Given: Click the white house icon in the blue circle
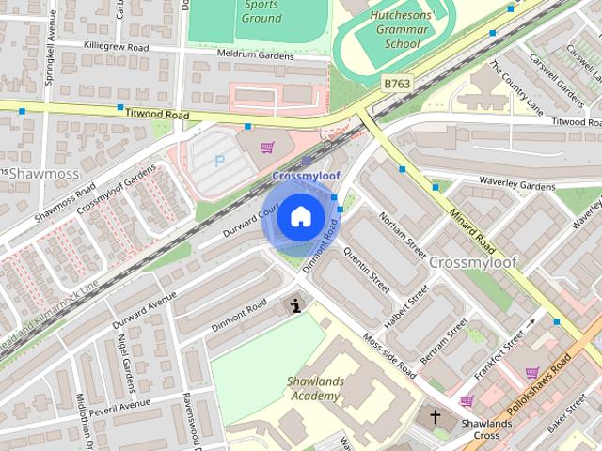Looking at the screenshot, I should [299, 217].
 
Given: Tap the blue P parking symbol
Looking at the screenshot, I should [220, 161].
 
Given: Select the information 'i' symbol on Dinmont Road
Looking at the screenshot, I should [297, 304].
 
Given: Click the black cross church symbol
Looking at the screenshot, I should [436, 416].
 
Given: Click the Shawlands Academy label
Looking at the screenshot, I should [315, 388].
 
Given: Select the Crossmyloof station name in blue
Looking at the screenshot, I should [305, 177].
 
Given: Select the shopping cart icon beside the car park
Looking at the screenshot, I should [268, 147].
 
